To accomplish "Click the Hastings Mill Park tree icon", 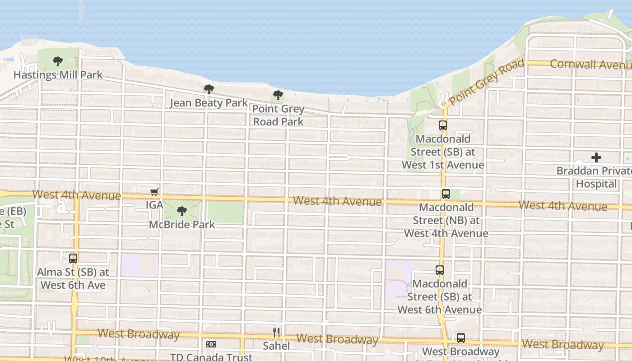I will [57, 61].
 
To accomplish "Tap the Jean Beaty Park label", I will [209, 103].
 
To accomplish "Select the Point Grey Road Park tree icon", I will [278, 95].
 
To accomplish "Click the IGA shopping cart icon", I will [154, 192].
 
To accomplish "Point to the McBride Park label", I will [182, 224].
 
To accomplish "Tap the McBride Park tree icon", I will [182, 211].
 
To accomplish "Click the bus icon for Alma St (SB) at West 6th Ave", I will [73, 259].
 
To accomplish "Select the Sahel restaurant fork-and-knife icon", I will [276, 333].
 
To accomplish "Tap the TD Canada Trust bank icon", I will [211, 344].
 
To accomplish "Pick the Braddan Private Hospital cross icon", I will [596, 157].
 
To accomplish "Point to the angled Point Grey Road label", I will [487, 82].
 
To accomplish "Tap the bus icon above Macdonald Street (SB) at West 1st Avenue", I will [443, 125].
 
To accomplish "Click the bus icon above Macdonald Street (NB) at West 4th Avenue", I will [446, 194].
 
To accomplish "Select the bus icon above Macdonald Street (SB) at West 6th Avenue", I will [440, 270].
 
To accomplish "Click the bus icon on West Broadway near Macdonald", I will [460, 338].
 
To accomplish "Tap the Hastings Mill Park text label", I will [58, 75].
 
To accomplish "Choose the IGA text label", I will [154, 205].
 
